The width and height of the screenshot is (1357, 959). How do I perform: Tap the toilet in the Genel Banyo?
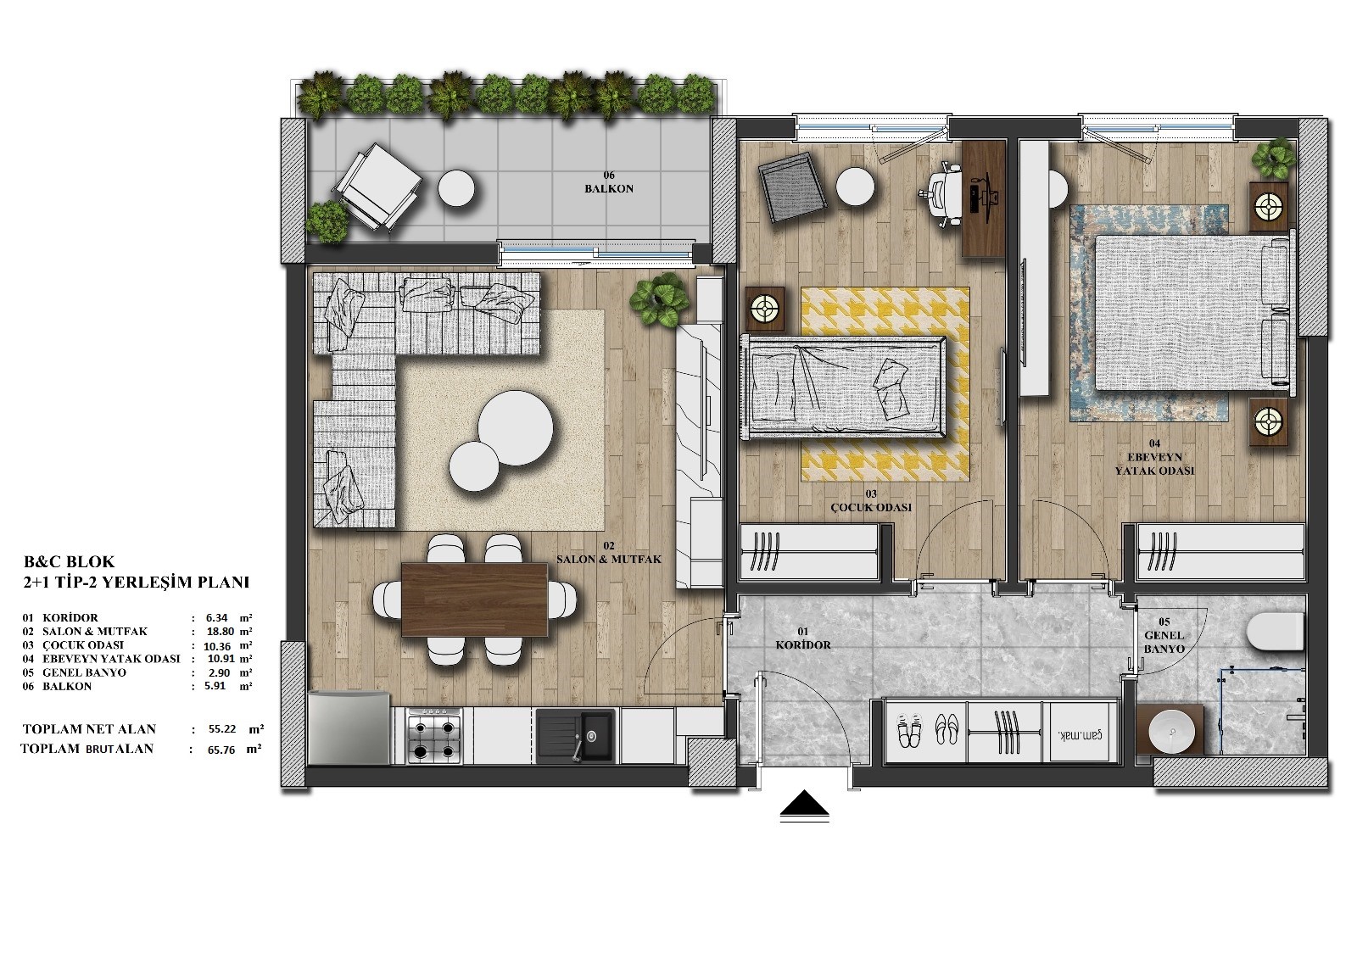click(1276, 631)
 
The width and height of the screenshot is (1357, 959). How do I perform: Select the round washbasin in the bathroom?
click(1170, 731)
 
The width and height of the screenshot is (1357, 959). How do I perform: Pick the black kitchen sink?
click(575, 736)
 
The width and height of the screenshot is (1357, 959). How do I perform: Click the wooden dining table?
click(475, 599)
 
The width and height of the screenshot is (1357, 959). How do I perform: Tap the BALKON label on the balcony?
click(609, 189)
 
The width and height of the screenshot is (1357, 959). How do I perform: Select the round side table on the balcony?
click(456, 189)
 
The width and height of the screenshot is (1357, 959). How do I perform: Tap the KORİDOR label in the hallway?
click(803, 645)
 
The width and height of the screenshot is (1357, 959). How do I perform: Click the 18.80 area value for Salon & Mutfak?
click(220, 631)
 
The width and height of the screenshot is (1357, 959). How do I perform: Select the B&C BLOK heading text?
click(69, 561)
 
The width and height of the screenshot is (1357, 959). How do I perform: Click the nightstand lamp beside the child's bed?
click(764, 309)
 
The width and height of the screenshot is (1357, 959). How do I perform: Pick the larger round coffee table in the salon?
click(515, 427)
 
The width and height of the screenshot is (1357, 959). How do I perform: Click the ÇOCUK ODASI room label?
click(870, 508)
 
